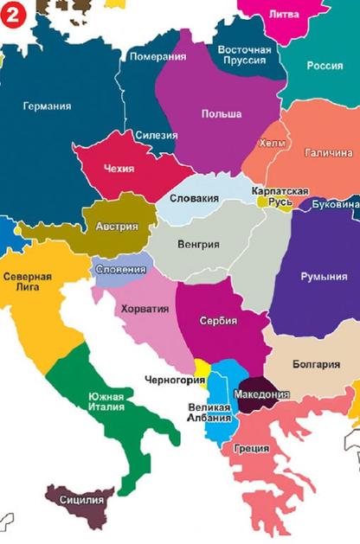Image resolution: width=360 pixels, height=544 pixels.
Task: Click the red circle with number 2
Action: pyautogui.click(x=13, y=13)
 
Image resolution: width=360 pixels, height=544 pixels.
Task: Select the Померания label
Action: pyautogui.click(x=157, y=57)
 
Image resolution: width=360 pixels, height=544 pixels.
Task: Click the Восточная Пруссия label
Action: pyautogui.click(x=245, y=56)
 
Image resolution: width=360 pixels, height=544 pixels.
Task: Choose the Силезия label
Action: pyautogui.click(x=157, y=135)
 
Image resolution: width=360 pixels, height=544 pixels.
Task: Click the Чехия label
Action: pyautogui.click(x=119, y=168)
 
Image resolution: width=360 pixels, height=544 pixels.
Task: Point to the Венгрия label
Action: pyautogui.click(x=198, y=244)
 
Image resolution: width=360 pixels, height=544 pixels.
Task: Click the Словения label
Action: pyautogui.click(x=120, y=269)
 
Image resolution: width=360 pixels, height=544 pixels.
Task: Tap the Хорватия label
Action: pyautogui.click(x=144, y=308)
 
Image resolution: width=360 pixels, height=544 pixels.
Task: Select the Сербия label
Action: pyautogui.click(x=218, y=319)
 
